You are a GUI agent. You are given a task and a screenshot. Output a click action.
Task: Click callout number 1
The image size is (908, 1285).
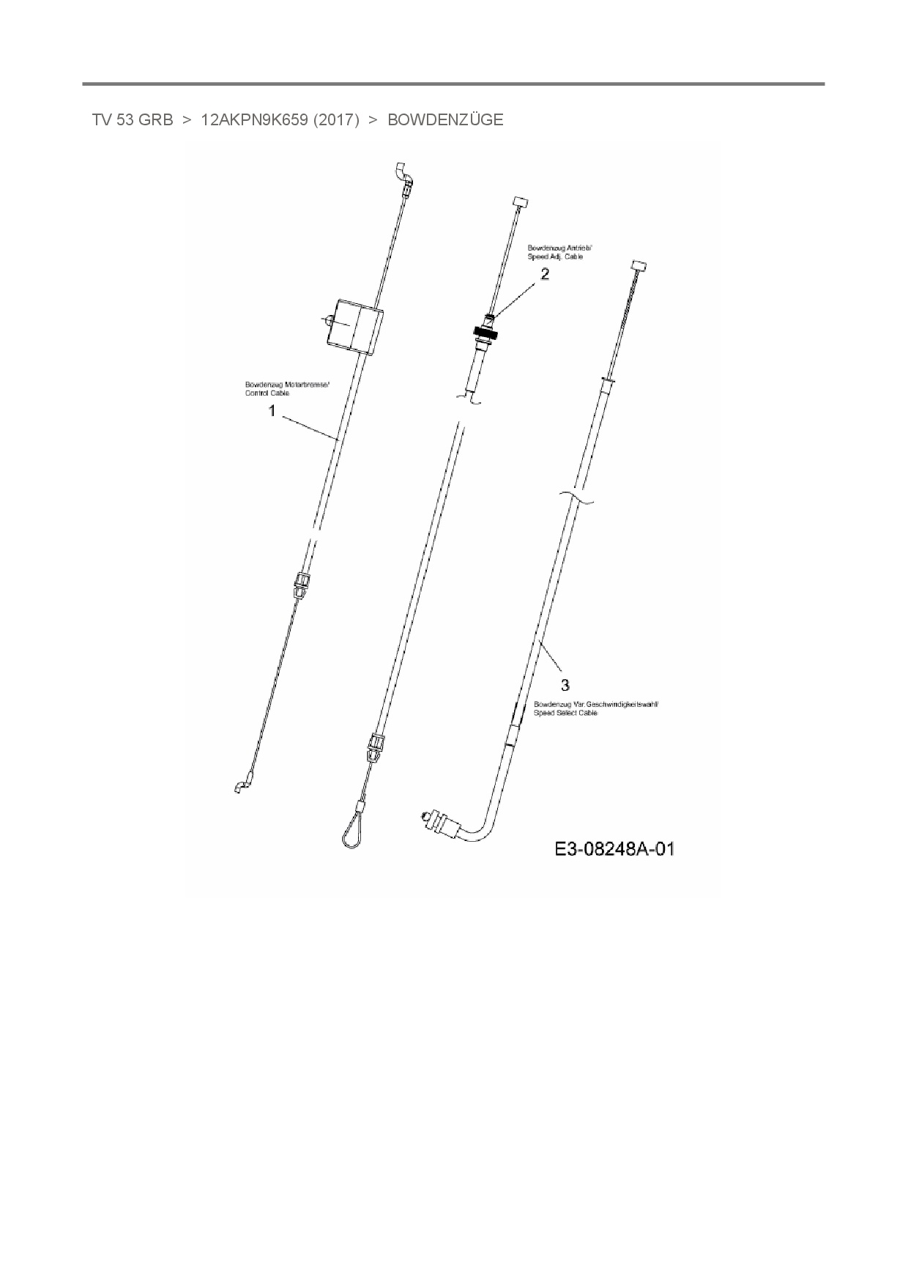tap(272, 412)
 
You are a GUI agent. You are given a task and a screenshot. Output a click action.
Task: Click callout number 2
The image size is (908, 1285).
tap(545, 275)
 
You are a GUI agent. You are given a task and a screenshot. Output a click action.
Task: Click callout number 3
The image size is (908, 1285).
tap(565, 685)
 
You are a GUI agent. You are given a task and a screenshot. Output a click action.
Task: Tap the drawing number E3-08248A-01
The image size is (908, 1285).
tap(614, 849)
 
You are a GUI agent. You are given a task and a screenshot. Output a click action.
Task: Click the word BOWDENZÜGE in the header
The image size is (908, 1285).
tap(445, 120)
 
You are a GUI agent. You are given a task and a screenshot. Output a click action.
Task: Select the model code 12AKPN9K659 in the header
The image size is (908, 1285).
tap(254, 120)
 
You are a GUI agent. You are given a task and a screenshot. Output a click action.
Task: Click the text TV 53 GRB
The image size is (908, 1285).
tap(133, 120)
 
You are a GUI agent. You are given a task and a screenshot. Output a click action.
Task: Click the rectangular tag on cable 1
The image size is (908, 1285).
tap(355, 326)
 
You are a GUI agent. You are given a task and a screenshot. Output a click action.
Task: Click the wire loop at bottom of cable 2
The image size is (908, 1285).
tap(352, 829)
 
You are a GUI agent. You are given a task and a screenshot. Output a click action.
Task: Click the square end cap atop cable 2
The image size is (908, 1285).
tap(521, 201)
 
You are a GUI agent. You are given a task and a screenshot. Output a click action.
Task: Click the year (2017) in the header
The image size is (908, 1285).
tap(336, 120)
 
